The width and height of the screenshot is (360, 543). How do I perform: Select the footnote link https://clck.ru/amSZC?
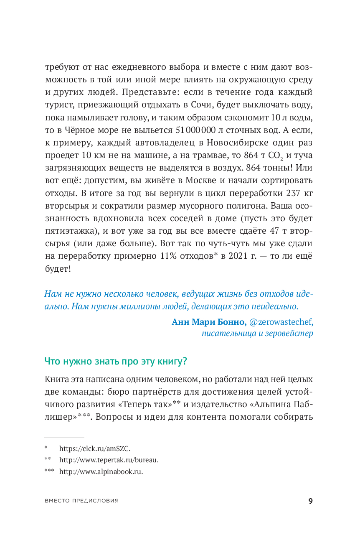(95, 449)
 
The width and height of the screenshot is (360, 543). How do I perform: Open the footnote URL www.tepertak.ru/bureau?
(109, 460)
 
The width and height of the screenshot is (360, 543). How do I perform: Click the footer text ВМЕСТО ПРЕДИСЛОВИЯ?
(81, 501)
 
